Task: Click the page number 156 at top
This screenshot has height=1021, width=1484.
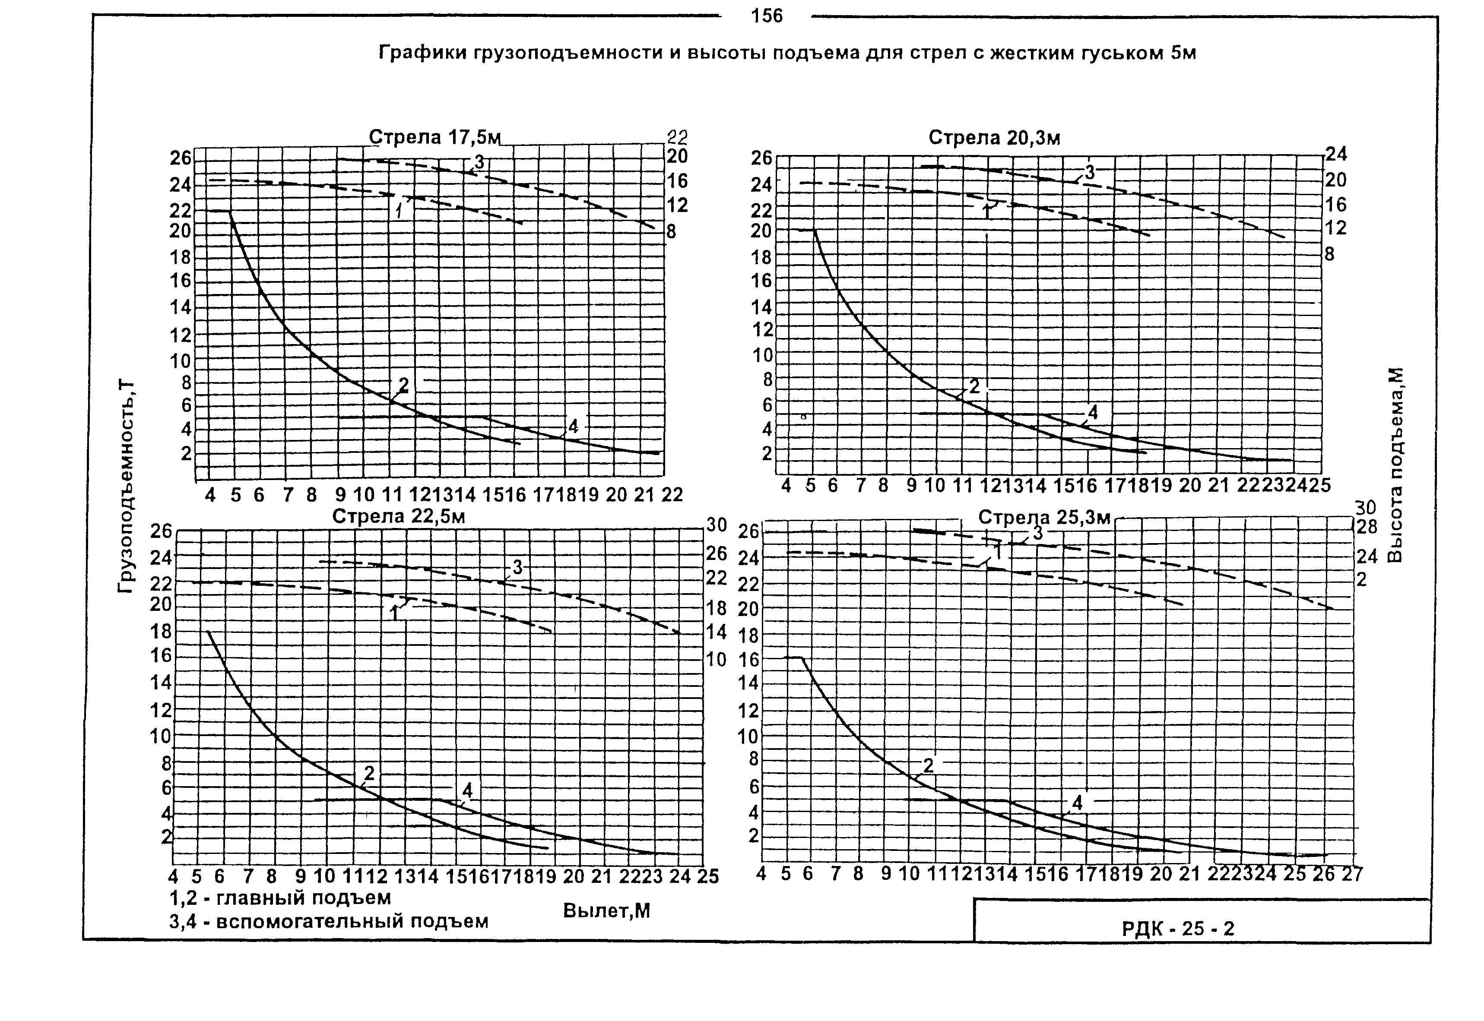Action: coord(767,16)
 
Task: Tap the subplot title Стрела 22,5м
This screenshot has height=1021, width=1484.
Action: coord(398,516)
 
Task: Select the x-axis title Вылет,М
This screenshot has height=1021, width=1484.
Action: coord(606,910)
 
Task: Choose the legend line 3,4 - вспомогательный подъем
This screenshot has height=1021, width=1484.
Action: coord(329,921)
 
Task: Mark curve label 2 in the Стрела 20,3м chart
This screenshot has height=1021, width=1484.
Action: coord(974,386)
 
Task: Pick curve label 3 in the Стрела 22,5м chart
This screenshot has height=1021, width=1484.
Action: coord(517,567)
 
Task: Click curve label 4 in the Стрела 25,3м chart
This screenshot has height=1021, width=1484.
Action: coord(1078,803)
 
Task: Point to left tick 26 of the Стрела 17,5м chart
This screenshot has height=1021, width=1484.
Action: coord(181,158)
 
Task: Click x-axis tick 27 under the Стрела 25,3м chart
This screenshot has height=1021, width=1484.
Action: coord(1351,874)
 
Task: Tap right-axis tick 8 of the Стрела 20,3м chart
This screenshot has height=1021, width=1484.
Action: coord(1330,254)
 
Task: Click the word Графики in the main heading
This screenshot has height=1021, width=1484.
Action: coord(422,53)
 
